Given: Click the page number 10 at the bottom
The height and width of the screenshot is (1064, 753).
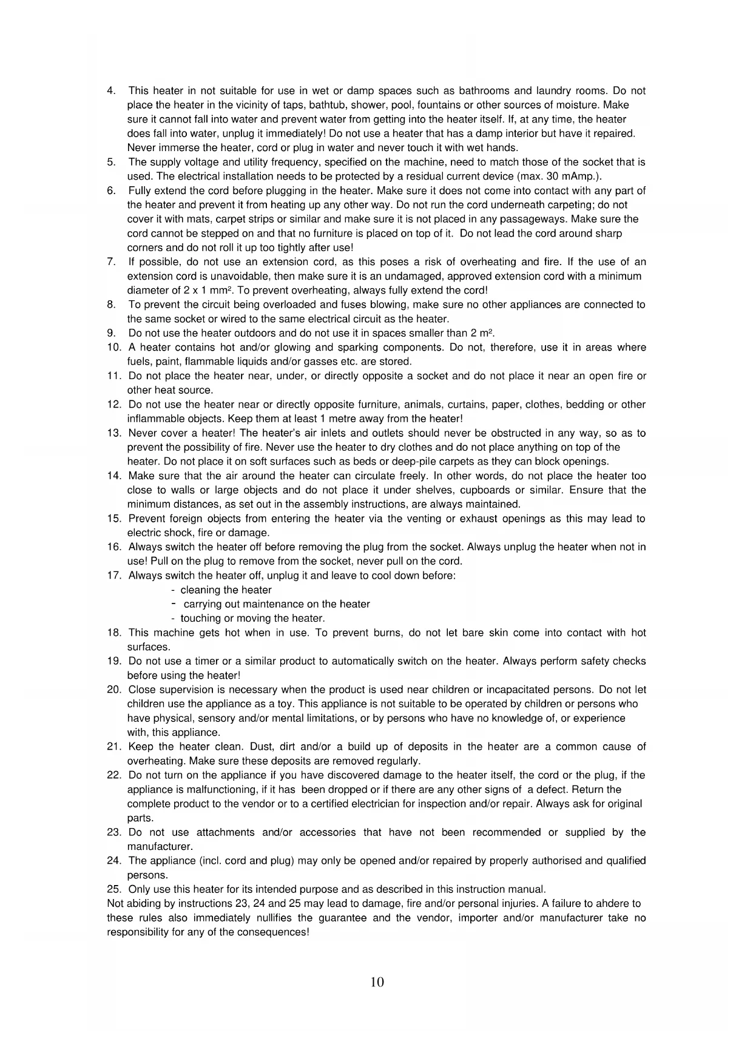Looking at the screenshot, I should [377, 982].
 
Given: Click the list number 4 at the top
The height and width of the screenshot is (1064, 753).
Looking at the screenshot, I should [110, 91].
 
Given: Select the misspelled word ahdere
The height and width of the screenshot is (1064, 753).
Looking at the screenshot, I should [623, 904].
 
